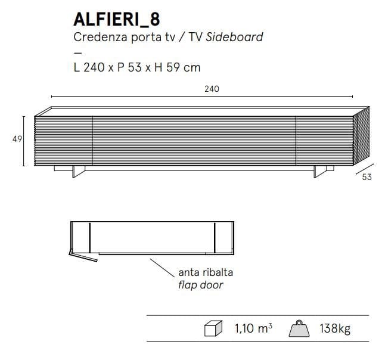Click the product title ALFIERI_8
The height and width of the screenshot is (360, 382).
(116, 19)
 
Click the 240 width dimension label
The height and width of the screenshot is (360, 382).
(212, 89)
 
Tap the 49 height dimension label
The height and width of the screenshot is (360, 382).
(17, 139)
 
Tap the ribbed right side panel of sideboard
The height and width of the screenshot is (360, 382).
(359, 137)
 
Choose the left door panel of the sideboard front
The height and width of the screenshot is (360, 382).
(64, 138)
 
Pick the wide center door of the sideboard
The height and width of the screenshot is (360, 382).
(194, 138)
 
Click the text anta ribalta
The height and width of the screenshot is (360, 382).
(206, 272)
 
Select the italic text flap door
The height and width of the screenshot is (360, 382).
(201, 285)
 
